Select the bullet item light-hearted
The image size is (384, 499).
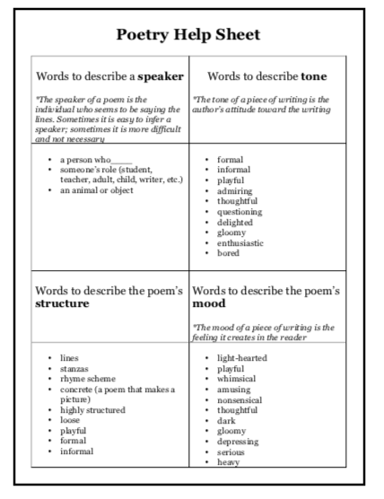click(242, 357)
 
